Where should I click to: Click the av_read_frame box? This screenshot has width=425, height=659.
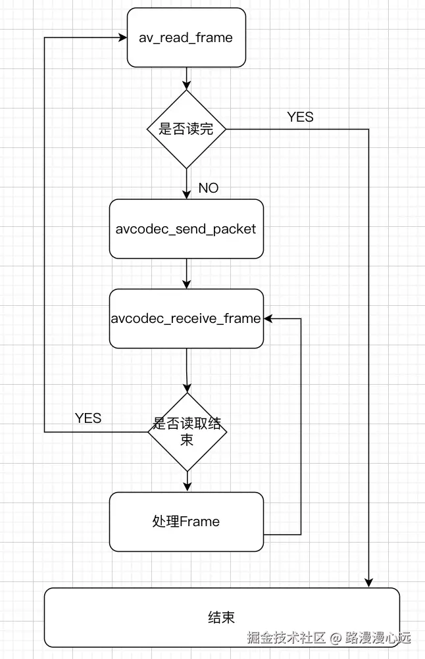point(186,37)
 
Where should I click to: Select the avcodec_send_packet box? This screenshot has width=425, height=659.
point(186,229)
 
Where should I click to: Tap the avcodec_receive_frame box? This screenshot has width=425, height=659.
point(186,318)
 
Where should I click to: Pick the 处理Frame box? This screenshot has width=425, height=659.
point(186,522)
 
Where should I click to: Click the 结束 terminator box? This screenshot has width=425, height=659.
point(222,617)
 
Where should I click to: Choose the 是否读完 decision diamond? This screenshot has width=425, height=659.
point(186,129)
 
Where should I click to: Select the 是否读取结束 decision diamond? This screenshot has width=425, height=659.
point(187,431)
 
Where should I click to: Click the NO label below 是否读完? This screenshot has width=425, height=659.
point(208,188)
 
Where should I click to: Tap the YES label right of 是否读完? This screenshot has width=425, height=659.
point(300,117)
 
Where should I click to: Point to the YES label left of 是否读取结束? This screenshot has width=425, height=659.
point(88,418)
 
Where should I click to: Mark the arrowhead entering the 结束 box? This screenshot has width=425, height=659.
point(368,583)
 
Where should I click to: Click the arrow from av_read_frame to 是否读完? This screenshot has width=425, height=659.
point(187,78)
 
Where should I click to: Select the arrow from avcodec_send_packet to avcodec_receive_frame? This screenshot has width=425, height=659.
point(187,273)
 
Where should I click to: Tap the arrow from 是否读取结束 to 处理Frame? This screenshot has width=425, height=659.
point(187,481)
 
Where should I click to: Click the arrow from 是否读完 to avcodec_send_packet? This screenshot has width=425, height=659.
point(187,183)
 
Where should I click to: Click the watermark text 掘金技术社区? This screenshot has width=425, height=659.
point(287,637)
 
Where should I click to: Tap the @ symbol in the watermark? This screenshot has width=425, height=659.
point(336,638)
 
